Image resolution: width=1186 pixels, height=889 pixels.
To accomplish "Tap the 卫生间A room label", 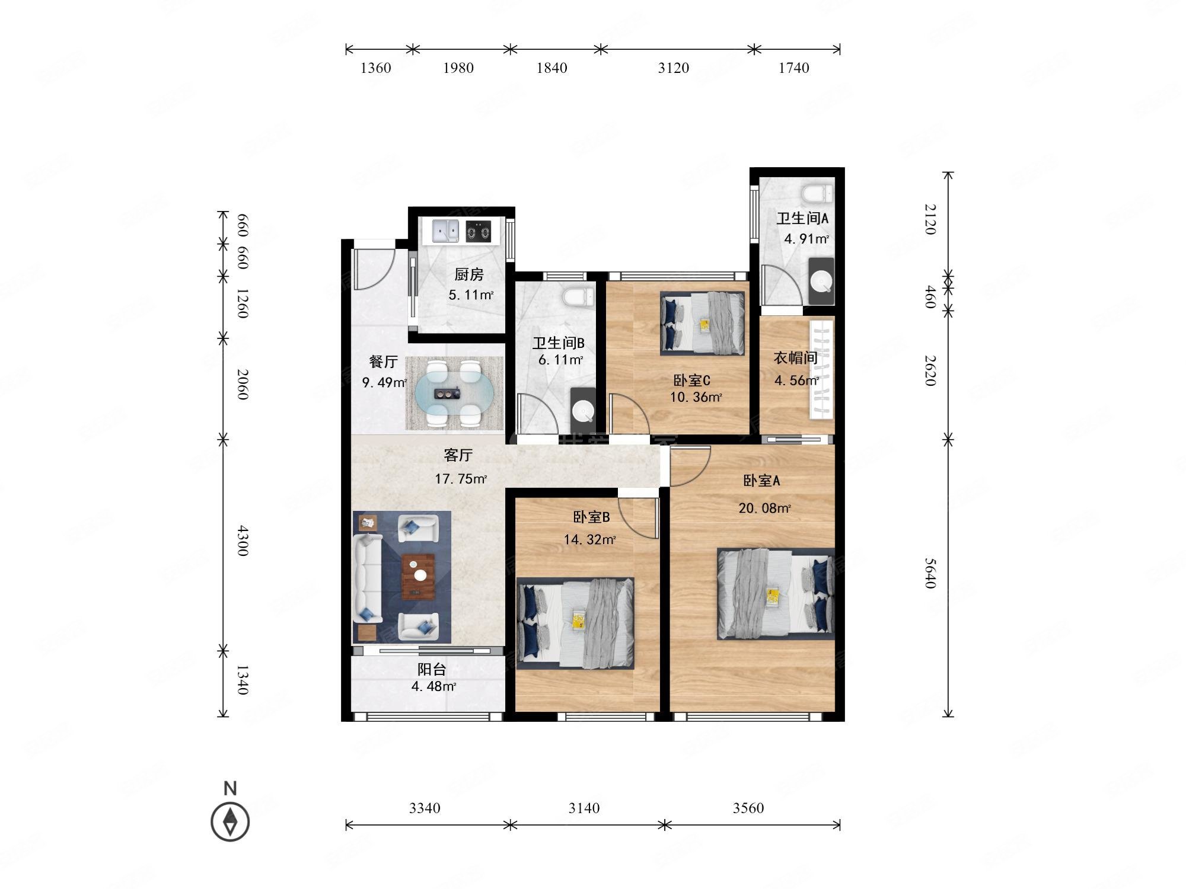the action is [802, 218].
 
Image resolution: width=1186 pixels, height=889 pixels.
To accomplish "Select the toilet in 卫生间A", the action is [817, 193].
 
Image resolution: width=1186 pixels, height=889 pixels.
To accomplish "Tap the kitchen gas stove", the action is [479, 231].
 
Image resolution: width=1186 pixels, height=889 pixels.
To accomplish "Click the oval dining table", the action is [454, 393].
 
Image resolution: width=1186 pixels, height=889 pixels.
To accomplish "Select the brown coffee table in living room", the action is [419, 577].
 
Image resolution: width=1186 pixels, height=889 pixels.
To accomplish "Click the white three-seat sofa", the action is [368, 578].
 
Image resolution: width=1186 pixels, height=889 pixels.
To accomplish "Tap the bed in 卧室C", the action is [703, 324].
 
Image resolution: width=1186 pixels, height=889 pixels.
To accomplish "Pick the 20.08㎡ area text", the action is [764, 508].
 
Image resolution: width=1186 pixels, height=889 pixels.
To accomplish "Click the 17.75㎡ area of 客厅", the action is [461, 479].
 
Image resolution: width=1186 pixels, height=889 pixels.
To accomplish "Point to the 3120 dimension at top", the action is [674, 68].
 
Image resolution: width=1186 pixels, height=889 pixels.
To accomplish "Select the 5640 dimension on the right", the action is [930, 573].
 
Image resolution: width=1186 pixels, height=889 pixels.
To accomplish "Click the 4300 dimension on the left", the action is [243, 541].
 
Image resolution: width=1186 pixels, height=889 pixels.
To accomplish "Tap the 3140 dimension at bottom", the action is [584, 808].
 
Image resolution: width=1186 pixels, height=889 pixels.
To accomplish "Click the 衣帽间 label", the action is [796, 358].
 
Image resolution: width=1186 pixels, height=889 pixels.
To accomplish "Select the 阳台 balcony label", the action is [432, 670].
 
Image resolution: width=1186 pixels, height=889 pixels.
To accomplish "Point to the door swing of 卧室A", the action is [690, 466].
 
